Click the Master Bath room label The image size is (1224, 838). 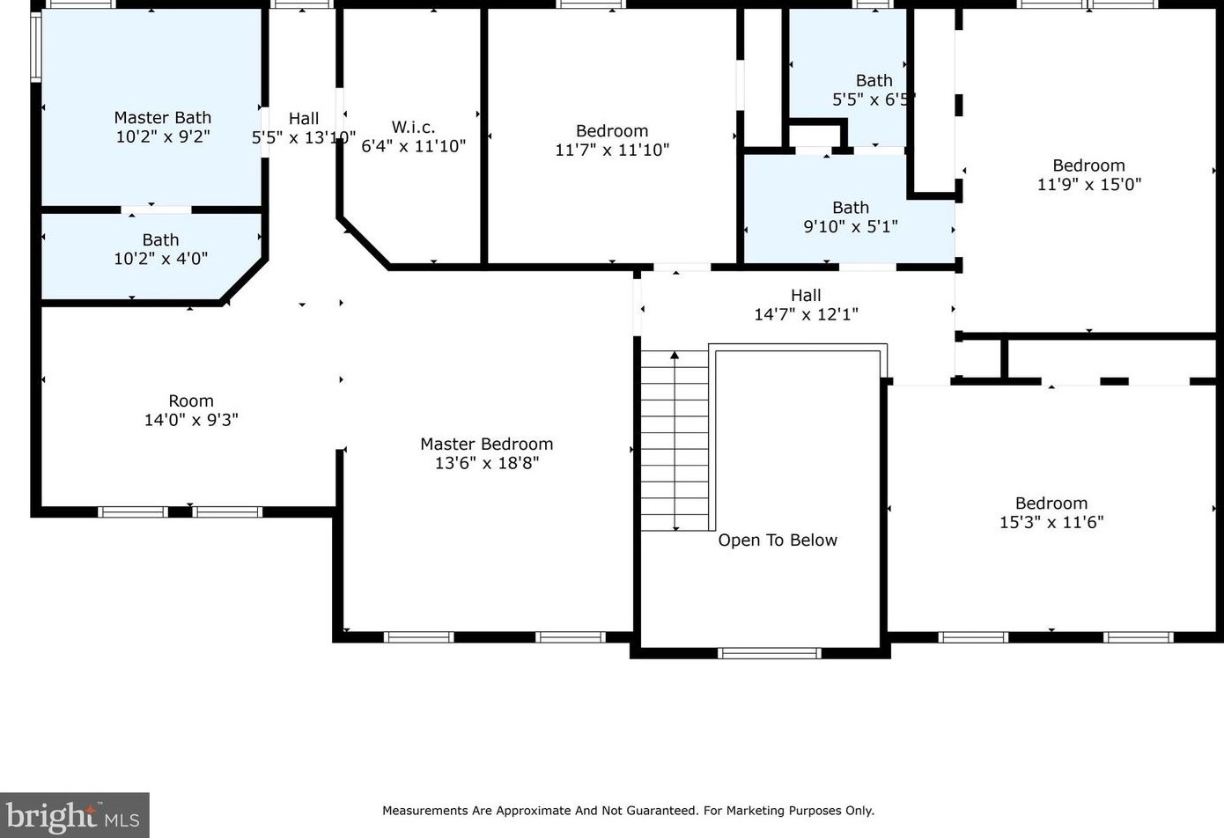tap(162, 117)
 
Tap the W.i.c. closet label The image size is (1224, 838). tap(413, 128)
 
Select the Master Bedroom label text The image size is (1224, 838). tap(486, 444)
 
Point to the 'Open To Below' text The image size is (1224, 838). tap(778, 540)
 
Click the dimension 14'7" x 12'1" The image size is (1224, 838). tap(806, 314)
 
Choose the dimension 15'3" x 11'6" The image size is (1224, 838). tap(1051, 522)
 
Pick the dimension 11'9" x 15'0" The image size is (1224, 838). tap(1089, 184)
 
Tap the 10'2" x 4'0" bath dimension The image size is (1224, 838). tap(160, 258)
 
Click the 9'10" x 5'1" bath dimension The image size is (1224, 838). tap(851, 226)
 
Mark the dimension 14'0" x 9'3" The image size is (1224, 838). tap(191, 420)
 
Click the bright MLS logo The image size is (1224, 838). tap(74, 815)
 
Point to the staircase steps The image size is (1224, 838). tap(675, 440)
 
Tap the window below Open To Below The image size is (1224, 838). tap(770, 653)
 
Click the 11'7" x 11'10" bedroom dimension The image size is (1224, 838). tap(612, 149)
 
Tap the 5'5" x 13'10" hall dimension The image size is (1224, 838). tap(303, 137)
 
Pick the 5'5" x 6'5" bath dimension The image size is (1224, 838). tap(874, 99)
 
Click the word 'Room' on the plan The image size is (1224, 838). tap(191, 401)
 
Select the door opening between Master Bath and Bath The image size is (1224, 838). tap(156, 209)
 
